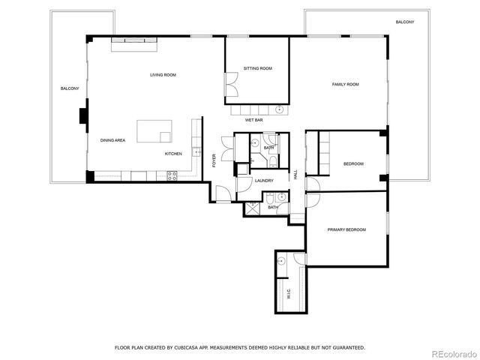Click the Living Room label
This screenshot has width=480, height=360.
pos(163,75)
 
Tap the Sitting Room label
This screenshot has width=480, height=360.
pos(257,68)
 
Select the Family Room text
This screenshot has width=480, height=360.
pos(346,85)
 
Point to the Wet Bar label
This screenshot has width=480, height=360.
pos(253,120)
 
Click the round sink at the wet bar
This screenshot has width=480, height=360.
pos(280,109)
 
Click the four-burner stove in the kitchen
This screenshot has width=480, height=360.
pos(172,176)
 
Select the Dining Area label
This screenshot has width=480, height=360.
pos(113,140)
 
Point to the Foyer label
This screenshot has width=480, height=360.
pos(214,160)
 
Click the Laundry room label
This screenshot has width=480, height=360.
pos(263,181)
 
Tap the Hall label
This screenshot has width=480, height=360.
pos(295,174)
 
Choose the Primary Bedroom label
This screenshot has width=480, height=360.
pos(346,229)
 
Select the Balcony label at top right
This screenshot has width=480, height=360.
pos(404,22)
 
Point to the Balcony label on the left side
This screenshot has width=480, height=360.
pos(70,89)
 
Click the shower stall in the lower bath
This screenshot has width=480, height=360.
pos(253,208)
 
